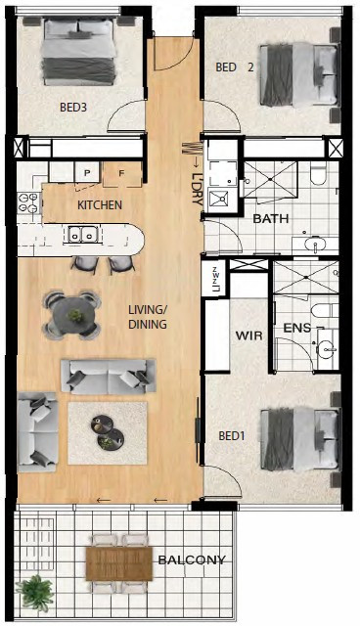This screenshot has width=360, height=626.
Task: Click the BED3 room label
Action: [x=73, y=108]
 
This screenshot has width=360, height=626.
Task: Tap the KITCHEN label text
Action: [x=100, y=205]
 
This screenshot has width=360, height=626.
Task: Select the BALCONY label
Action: [x=192, y=560]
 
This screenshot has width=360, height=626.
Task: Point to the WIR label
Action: [x=249, y=335]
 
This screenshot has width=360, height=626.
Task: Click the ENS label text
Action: [x=297, y=329]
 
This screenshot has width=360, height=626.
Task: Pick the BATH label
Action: [x=271, y=219]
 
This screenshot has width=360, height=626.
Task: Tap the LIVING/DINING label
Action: [x=148, y=317]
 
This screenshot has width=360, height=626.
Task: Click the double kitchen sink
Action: [x=82, y=234]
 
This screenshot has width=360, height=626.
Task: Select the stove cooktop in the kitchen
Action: [x=29, y=202]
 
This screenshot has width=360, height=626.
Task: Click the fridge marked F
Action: [x=122, y=174]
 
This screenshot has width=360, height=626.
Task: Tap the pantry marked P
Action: [x=87, y=172]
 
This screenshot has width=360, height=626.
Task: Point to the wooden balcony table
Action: [x=119, y=563]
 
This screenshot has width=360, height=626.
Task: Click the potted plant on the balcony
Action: [x=35, y=593]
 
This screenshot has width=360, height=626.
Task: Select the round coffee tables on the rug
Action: [x=108, y=432]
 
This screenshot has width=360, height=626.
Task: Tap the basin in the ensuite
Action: [x=328, y=349]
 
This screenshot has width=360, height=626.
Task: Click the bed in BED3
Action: [x=80, y=51]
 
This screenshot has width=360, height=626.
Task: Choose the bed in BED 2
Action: [x=300, y=74]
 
